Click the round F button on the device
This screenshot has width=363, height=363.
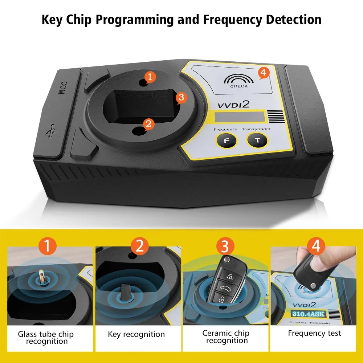[x=226, y=141]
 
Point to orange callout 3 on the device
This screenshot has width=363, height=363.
[x=181, y=97]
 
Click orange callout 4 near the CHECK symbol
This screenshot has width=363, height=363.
[x=263, y=73]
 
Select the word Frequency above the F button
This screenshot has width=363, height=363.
[x=225, y=129]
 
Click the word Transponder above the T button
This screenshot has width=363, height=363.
[x=256, y=129]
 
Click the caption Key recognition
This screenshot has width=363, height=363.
[x=136, y=334]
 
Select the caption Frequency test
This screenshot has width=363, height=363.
[x=314, y=333]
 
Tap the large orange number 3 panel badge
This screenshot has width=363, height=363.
[x=225, y=247]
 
